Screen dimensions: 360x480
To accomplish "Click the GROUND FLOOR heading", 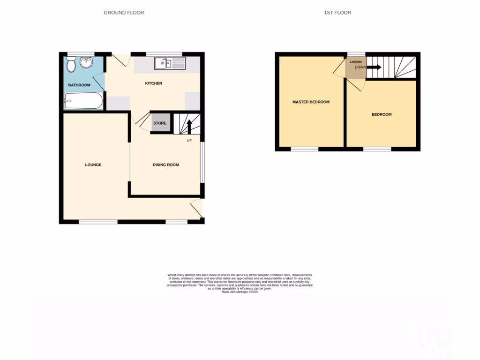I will pyautogui.click(x=124, y=13).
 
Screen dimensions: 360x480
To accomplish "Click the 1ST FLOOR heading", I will pyautogui.click(x=337, y=13).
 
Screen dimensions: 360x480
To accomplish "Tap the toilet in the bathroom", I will pyautogui.click(x=71, y=65).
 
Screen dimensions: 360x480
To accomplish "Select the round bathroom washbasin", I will pyautogui.click(x=86, y=62).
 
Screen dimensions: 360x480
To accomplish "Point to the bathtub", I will pyautogui.click(x=83, y=100).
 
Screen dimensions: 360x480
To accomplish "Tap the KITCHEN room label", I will pyautogui.click(x=153, y=83).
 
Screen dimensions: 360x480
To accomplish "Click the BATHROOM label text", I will pyautogui.click(x=79, y=85).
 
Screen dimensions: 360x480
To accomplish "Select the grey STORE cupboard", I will pyautogui.click(x=160, y=123).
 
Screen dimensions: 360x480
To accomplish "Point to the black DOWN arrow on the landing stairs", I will pyautogui.click(x=374, y=67).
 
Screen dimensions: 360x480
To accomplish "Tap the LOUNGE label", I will pyautogui.click(x=93, y=165).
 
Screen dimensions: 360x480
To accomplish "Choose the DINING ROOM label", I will pyautogui.click(x=166, y=165).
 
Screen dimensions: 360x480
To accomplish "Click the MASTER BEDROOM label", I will pyautogui.click(x=311, y=102).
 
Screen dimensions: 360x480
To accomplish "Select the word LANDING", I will pyautogui.click(x=355, y=61).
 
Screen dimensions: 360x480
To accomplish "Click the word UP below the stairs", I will pyautogui.click(x=189, y=141).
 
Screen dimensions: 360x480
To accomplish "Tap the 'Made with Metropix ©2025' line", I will pyautogui.click(x=240, y=292).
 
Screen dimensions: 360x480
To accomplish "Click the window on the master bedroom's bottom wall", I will pyautogui.click(x=305, y=149).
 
